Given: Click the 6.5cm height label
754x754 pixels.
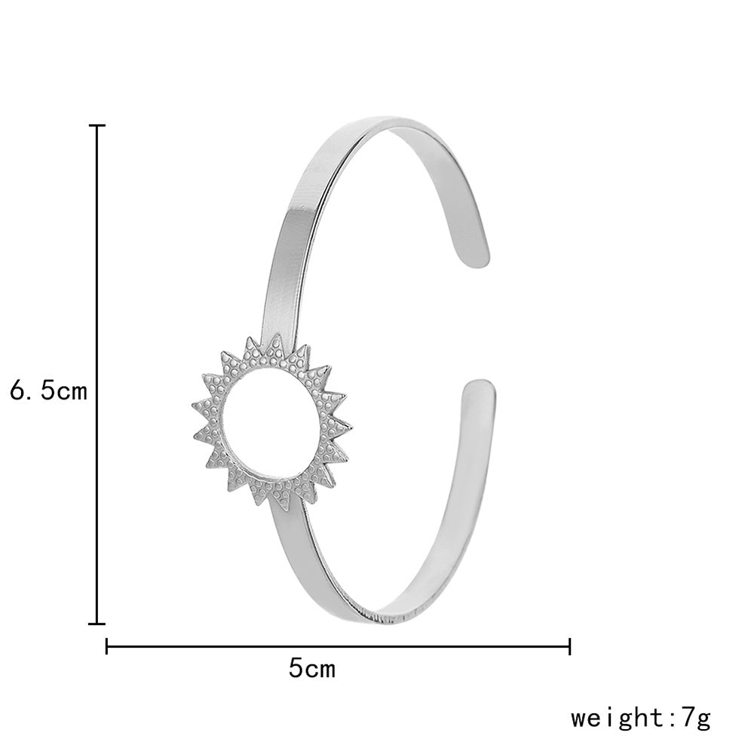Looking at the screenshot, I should [48, 391].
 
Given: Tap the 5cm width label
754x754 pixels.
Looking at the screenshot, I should [311, 667].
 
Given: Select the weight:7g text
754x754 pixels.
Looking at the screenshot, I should [640, 716].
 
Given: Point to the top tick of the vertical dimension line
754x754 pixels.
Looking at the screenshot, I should [97, 126].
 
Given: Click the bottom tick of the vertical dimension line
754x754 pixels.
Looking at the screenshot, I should [97, 624].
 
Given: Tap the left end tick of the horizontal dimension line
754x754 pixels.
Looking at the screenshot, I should [107, 645].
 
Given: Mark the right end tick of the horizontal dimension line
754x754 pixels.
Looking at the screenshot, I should [569, 645].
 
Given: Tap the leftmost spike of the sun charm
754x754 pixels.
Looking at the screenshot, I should [195, 408].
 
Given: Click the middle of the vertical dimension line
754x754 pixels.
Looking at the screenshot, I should [97, 375].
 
